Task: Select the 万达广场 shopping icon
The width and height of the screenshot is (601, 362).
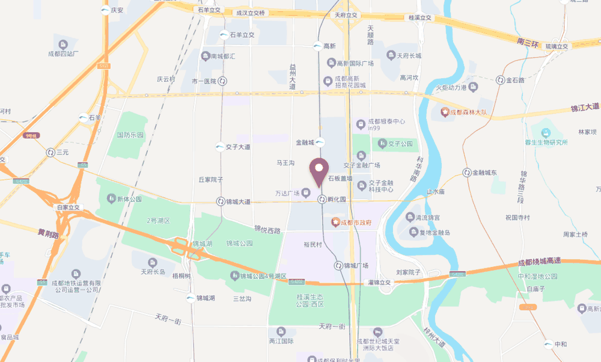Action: click(x=306, y=193)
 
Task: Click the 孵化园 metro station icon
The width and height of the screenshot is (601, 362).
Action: click(x=322, y=199)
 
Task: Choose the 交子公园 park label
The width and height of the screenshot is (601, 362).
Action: click(x=400, y=144)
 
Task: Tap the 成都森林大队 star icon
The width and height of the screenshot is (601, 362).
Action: click(x=445, y=111)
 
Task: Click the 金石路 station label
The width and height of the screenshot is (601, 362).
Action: click(x=516, y=80)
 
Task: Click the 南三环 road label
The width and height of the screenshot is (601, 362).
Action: click(x=528, y=42)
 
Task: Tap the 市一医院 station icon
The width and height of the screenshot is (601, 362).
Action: click(x=222, y=81)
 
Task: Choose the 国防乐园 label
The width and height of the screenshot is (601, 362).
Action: click(x=130, y=135)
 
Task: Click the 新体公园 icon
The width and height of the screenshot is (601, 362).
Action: click(x=111, y=198)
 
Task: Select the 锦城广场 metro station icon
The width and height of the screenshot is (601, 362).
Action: click(x=338, y=265)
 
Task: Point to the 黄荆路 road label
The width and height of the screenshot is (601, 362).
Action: click(x=49, y=233)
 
